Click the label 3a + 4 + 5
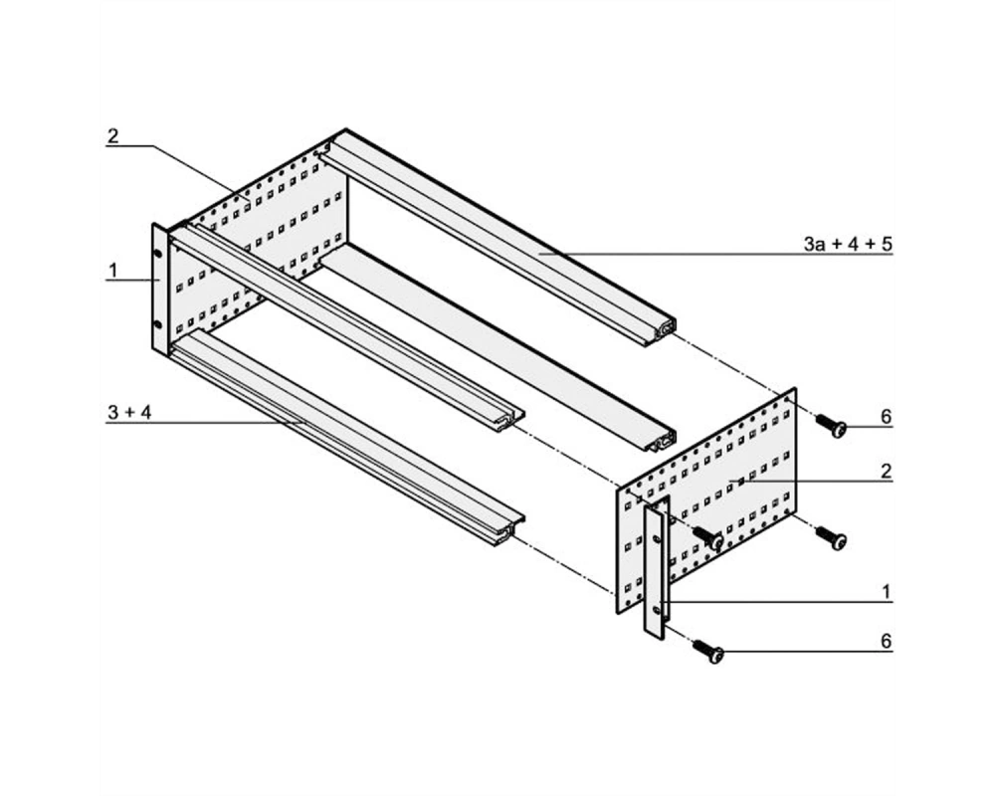(847, 243)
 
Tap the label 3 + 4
(129, 413)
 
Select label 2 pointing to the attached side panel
(113, 136)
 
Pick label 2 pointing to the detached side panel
(886, 471)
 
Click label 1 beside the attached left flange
(113, 271)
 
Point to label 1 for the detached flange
(887, 593)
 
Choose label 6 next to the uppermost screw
(886, 417)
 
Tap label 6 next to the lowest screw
(886, 641)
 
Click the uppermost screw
(831, 426)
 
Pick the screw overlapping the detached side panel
(708, 537)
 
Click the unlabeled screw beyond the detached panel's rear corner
(831, 537)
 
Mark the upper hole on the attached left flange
(158, 253)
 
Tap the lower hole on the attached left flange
(158, 325)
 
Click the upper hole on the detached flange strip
(656, 539)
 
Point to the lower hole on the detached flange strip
(656, 611)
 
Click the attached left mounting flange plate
(160, 290)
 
